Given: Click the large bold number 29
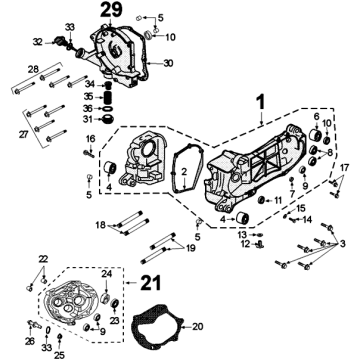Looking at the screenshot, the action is click(x=111, y=10).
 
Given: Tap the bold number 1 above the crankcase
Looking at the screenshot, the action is click(x=261, y=102).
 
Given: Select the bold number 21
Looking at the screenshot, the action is click(x=150, y=283).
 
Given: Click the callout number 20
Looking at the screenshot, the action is click(x=198, y=327).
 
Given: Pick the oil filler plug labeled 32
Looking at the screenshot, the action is click(x=59, y=40).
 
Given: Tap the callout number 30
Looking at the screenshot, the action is click(x=168, y=63).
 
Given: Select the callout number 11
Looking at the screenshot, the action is click(x=278, y=200).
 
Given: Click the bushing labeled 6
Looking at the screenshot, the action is click(x=315, y=134).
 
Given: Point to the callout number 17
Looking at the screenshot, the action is click(x=344, y=168).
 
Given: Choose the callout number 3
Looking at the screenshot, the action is click(x=342, y=244).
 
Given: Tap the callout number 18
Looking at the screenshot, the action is click(x=100, y=224).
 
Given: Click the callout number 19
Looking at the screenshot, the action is click(x=191, y=248).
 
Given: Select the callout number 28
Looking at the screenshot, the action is click(x=33, y=69).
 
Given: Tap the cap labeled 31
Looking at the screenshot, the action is click(x=108, y=119).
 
